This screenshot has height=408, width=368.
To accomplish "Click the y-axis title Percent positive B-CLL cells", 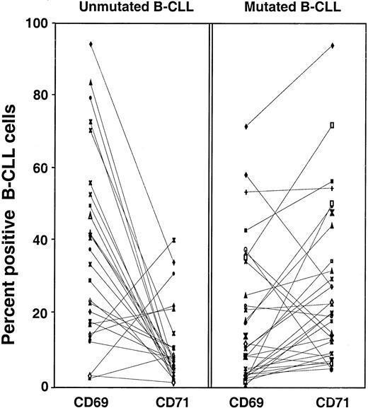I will (x=15, y=205).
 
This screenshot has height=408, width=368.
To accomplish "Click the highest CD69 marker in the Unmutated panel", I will (x=91, y=45).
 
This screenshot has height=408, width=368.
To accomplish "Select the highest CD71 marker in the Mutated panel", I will (x=332, y=46).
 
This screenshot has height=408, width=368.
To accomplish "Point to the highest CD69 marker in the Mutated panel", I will (x=246, y=127).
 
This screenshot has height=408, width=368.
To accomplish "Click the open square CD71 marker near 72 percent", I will (x=332, y=125).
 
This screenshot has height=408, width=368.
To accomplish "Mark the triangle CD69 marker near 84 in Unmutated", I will (x=91, y=82).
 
